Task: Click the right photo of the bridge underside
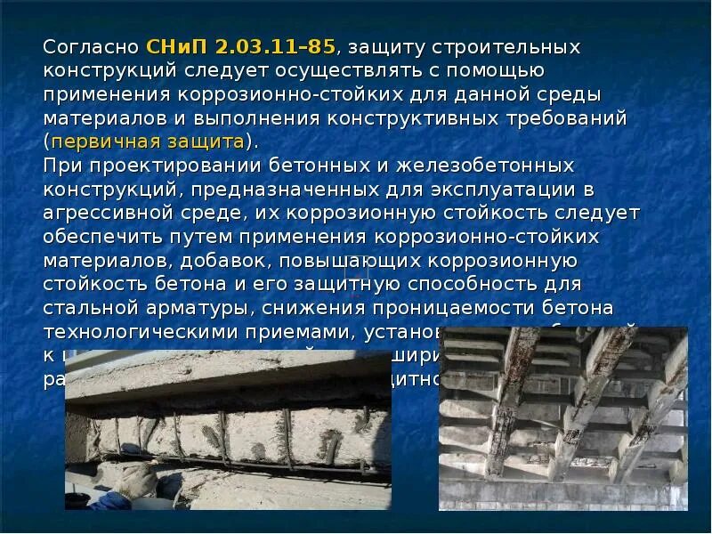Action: pyautogui.click(x=562, y=418)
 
